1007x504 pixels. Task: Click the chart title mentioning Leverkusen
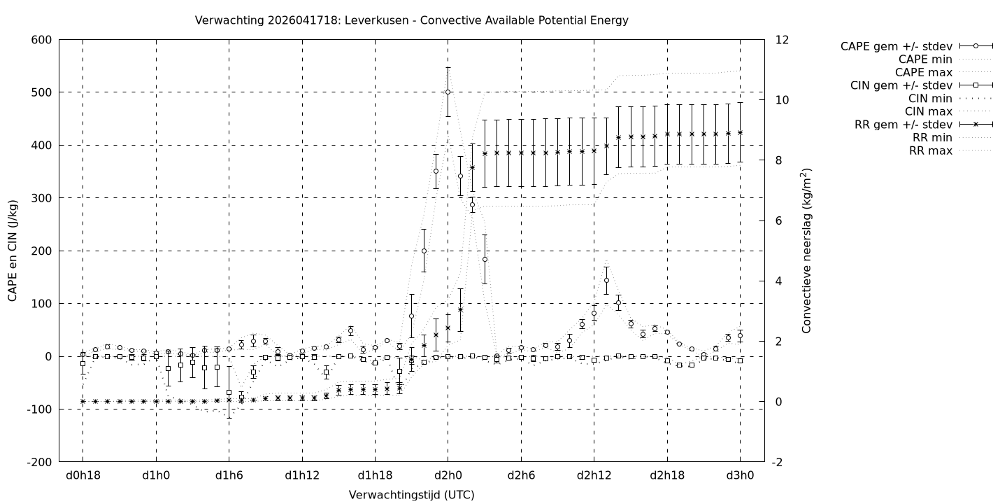click(x=411, y=20)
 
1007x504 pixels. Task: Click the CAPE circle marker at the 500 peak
click(x=448, y=92)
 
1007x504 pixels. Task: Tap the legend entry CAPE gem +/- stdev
click(x=896, y=46)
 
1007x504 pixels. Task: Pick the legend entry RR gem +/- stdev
click(x=903, y=125)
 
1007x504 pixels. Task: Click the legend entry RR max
click(x=930, y=150)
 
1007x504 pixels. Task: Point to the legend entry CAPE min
click(x=924, y=59)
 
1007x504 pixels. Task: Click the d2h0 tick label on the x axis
click(x=448, y=475)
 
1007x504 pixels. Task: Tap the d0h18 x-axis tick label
click(x=83, y=475)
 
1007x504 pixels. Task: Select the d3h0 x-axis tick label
click(x=740, y=475)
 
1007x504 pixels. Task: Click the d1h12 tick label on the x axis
click(x=302, y=475)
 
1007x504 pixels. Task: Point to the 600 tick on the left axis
click(x=41, y=40)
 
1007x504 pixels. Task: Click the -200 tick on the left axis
click(x=38, y=463)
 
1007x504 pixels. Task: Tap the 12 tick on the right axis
click(x=783, y=40)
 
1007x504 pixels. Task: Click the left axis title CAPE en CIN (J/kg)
click(x=13, y=251)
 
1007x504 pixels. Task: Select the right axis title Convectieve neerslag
click(x=806, y=251)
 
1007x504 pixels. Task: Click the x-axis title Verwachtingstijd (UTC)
click(x=411, y=494)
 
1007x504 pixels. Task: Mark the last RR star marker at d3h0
click(x=740, y=132)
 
